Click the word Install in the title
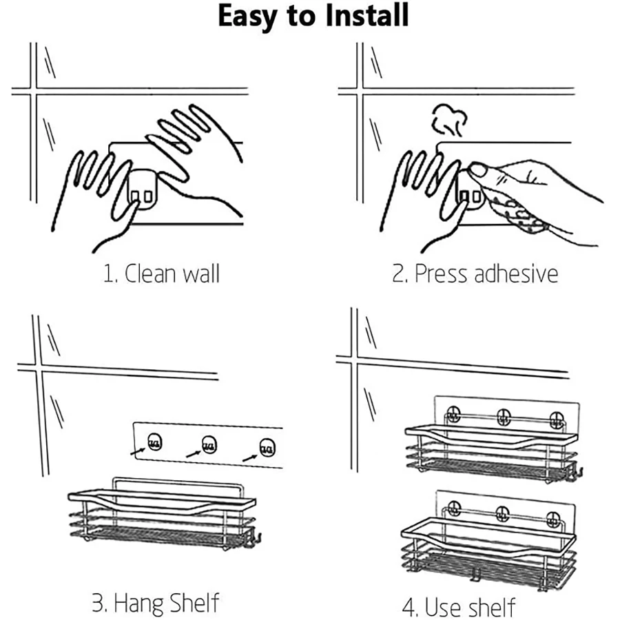(366, 15)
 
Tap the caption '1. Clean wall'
(161, 273)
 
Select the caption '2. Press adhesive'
(475, 273)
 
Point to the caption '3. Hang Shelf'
(156, 603)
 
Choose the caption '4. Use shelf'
(459, 607)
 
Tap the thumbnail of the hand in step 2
(477, 170)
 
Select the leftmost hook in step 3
(154, 442)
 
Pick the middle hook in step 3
(209, 444)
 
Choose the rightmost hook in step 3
(267, 448)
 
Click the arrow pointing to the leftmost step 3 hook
(138, 451)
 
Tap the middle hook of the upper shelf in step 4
(504, 416)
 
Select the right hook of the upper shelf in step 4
(557, 420)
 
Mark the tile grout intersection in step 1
(33, 92)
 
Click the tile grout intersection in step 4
(354, 360)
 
